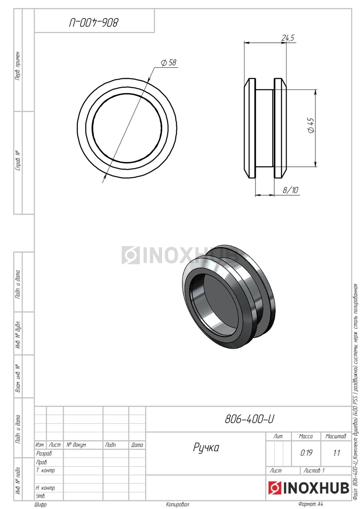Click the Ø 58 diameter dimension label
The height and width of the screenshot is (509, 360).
pos(169,62)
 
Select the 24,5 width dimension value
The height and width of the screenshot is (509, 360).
pos(288,38)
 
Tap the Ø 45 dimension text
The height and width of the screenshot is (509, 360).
pos(311,125)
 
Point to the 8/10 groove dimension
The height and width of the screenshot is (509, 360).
pos(290,190)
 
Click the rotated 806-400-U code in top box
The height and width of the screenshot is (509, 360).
pos(94,23)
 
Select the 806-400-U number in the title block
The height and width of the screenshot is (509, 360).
pos(249,419)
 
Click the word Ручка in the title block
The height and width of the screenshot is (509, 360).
pos(206,447)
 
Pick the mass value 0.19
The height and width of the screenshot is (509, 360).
pos(306,453)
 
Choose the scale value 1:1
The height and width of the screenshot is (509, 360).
pos(336,453)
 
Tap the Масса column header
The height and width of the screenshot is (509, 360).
pos(306,436)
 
